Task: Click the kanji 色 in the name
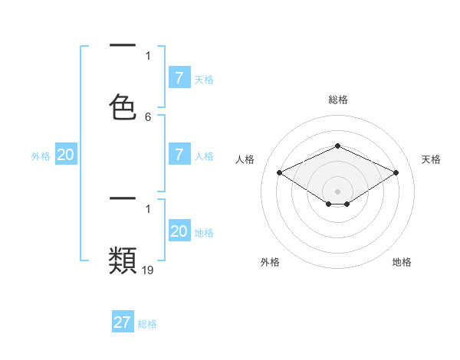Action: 123,107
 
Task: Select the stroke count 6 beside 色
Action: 148,117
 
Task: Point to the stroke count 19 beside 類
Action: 148,270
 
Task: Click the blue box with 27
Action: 123,322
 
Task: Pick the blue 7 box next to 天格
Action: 179,78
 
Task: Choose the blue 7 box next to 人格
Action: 179,155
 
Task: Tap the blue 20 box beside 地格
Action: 179,231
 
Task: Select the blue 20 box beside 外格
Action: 66,155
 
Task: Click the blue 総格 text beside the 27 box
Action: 147,324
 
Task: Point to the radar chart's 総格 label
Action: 337,100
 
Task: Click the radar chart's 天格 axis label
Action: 431,159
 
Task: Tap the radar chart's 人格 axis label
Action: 245,159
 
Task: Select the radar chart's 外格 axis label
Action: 270,262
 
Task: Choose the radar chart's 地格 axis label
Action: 402,262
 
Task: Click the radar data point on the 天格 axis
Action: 396,172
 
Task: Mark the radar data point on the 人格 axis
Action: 279,172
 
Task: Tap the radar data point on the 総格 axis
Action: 337,146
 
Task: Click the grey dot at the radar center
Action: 337,191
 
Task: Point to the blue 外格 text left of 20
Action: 41,156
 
